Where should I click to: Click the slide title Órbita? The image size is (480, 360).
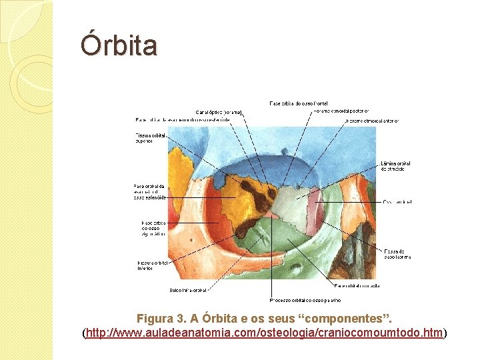[119, 46]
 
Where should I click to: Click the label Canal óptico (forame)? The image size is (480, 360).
[219, 111]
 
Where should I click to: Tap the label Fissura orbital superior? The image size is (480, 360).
[149, 138]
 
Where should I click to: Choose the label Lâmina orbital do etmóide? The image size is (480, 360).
[395, 165]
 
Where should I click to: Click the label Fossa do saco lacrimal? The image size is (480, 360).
[395, 254]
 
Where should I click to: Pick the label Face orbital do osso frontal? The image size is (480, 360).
[289, 103]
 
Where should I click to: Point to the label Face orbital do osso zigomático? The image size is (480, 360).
[153, 229]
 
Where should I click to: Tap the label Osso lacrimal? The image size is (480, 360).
[397, 201]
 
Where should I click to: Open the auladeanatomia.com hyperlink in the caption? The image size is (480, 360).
[264, 332]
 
